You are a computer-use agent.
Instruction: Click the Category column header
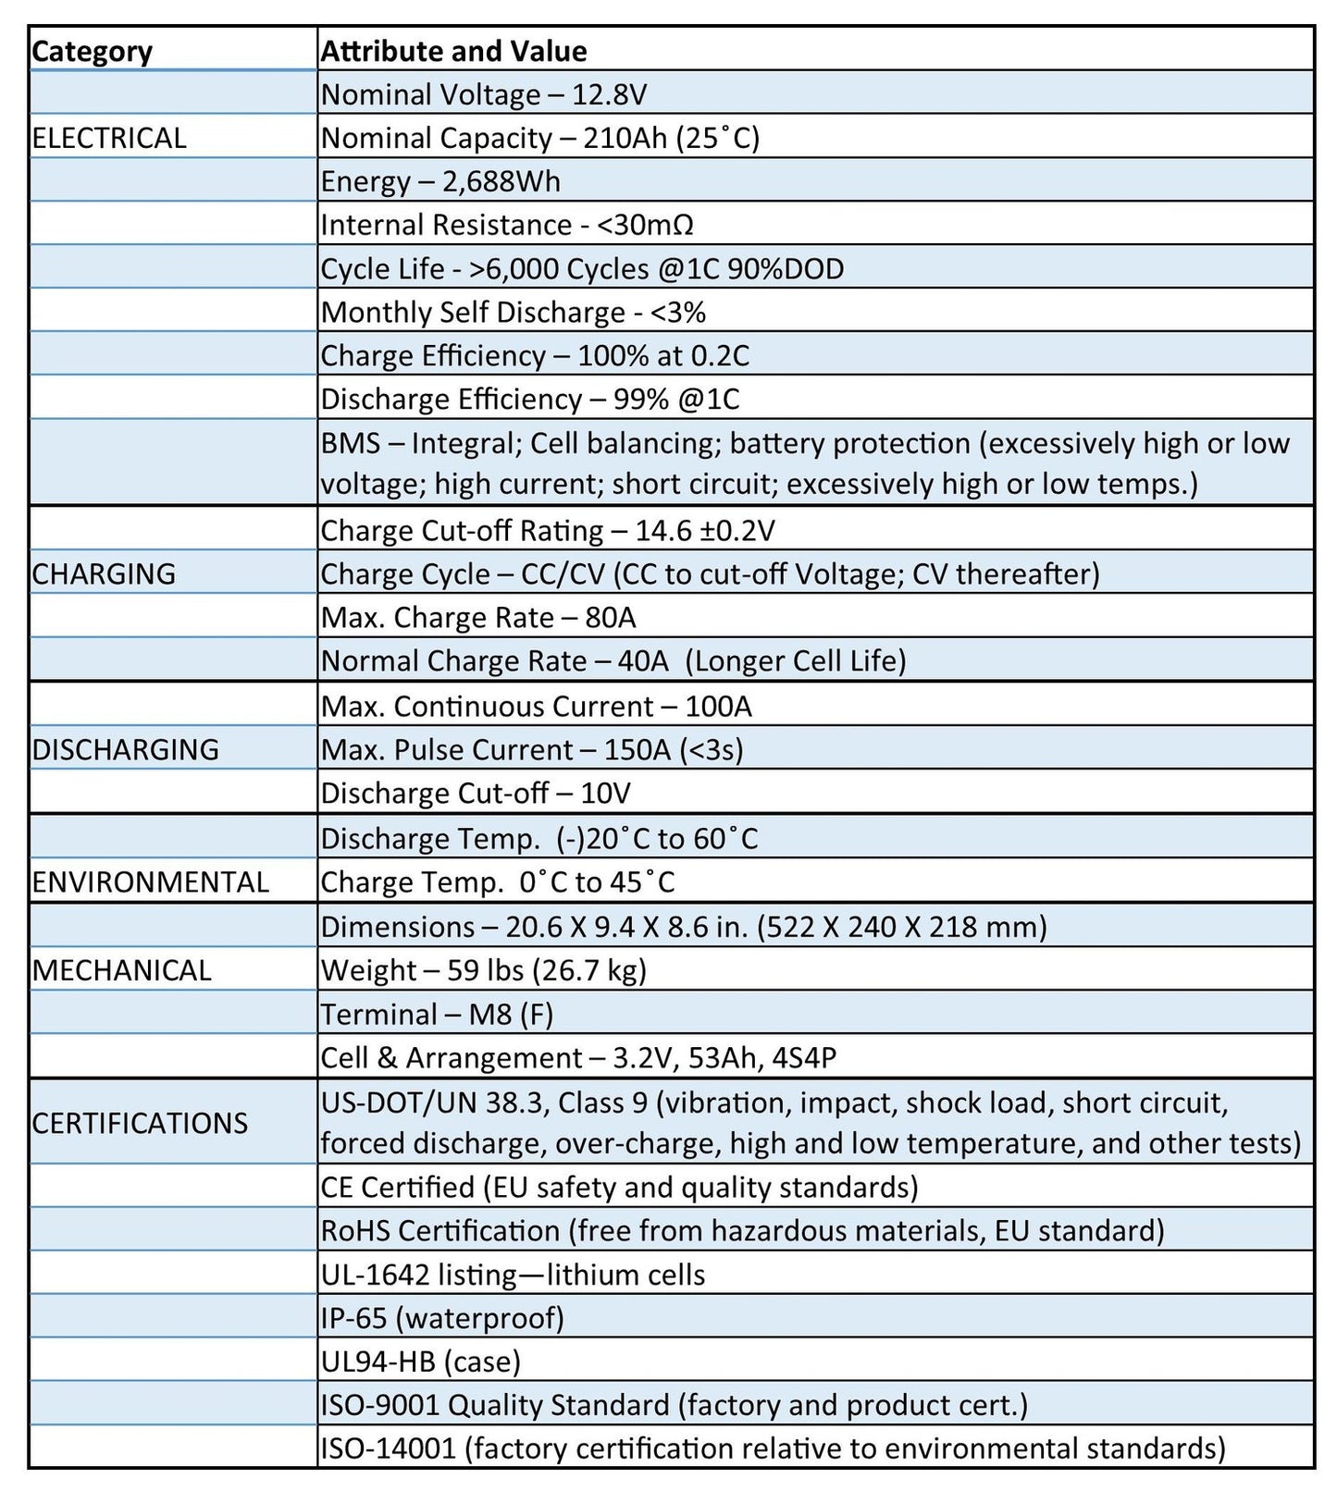92,51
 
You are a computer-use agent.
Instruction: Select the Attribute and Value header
453,51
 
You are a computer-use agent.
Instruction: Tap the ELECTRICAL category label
109,138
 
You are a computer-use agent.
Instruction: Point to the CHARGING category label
104,573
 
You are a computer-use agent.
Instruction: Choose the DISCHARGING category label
125,749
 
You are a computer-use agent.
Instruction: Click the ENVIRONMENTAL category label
150,881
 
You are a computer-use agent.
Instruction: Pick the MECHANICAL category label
121,970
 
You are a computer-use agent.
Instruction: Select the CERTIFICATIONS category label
140,1123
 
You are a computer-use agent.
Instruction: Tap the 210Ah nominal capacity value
625,138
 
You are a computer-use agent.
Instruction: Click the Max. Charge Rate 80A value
611,617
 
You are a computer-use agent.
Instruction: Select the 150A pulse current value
637,749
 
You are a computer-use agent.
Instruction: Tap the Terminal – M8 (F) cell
437,1015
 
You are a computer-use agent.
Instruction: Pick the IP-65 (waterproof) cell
442,1318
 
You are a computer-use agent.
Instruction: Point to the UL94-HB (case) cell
421,1362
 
